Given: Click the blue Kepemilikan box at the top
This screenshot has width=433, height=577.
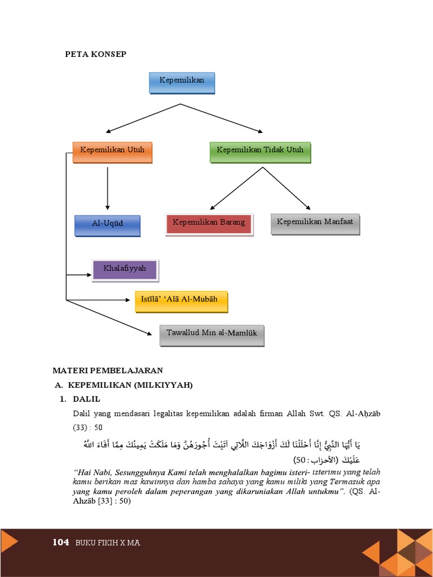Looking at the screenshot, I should pyautogui.click(x=181, y=82).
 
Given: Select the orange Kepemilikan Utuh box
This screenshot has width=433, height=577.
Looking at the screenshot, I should pyautogui.click(x=112, y=151).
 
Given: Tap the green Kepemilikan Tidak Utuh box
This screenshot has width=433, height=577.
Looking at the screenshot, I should pyautogui.click(x=260, y=151).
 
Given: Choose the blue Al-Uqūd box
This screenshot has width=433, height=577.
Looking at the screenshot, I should pyautogui.click(x=107, y=224).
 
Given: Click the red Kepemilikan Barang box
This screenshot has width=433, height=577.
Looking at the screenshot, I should pyautogui.click(x=209, y=223).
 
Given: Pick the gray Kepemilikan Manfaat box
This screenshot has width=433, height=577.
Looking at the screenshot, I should pyautogui.click(x=315, y=223).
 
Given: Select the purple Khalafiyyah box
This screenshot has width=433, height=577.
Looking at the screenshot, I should pyautogui.click(x=125, y=269).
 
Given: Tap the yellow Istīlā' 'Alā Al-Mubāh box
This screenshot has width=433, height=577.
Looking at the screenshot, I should pyautogui.click(x=181, y=301).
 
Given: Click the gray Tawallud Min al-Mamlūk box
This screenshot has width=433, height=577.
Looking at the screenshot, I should pyautogui.click(x=211, y=334).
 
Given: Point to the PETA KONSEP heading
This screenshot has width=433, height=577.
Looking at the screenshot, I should pyautogui.click(x=95, y=54).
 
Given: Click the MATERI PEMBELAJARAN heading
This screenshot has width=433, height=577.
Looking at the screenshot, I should pyautogui.click(x=108, y=370).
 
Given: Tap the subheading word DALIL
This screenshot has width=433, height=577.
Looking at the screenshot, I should pyautogui.click(x=86, y=399).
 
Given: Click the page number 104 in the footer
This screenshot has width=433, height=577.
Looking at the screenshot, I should pyautogui.click(x=60, y=543).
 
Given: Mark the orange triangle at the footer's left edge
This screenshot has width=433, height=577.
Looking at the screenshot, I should pyautogui.click(x=8, y=542).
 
